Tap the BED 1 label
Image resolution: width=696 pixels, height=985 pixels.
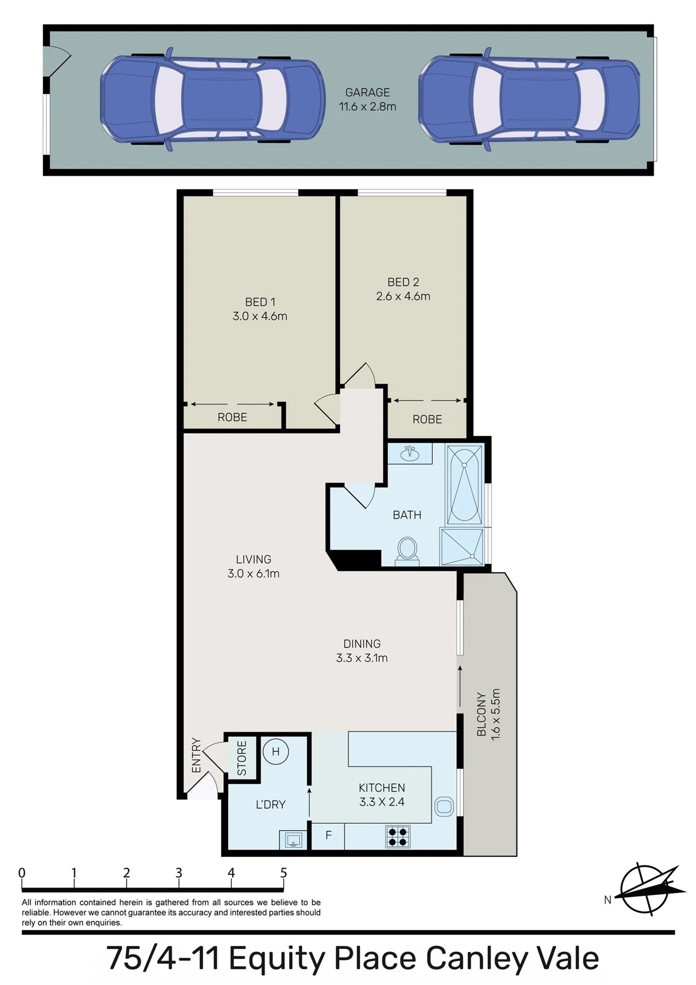point(260,302)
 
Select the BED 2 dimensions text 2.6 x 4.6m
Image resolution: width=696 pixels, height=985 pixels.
point(403,296)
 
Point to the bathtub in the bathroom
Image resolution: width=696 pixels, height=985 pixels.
point(465,484)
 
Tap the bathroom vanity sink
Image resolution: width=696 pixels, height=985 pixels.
point(410,454)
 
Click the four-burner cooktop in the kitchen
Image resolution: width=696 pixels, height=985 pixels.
point(397,837)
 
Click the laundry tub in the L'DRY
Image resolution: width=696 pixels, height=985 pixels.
point(294,840)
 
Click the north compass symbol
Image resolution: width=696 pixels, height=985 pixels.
point(650,889)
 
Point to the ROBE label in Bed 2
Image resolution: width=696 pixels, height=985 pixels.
point(427,419)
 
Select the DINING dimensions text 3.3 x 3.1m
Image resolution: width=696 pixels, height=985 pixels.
point(362,658)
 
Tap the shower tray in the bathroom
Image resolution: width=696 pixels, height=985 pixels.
point(462,547)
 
